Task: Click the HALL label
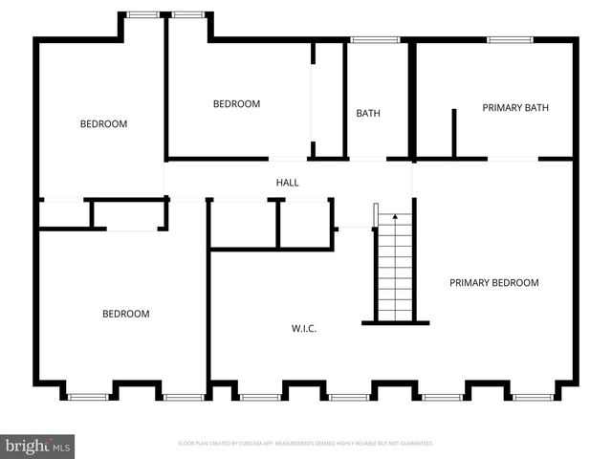click(x=288, y=182)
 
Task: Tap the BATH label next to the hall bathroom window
click(x=368, y=113)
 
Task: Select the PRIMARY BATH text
click(x=515, y=108)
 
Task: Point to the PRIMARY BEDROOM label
click(x=493, y=283)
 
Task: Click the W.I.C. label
click(x=304, y=329)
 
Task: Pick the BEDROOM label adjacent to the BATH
click(x=236, y=104)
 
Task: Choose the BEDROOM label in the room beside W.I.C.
click(x=126, y=314)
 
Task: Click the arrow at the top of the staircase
click(x=395, y=219)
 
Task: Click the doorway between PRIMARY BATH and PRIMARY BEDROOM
click(x=512, y=158)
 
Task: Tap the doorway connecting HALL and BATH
click(x=367, y=158)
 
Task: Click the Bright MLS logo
click(x=38, y=446)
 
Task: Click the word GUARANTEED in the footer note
click(x=417, y=444)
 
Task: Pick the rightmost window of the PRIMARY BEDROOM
click(x=533, y=396)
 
